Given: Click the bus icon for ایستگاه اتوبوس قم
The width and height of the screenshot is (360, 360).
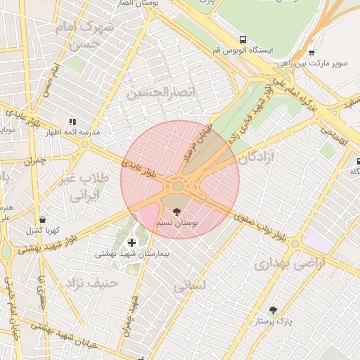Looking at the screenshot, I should click(243, 40).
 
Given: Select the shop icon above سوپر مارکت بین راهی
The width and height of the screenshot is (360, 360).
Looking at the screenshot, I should click(311, 52).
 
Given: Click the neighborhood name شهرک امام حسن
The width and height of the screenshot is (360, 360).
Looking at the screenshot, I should click(88, 35).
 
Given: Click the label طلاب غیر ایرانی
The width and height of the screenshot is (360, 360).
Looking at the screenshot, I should click(86, 186).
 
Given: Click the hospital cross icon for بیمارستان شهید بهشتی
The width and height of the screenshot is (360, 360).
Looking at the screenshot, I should click(131, 243).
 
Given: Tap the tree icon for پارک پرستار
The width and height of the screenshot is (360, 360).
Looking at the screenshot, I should click(273, 310).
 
